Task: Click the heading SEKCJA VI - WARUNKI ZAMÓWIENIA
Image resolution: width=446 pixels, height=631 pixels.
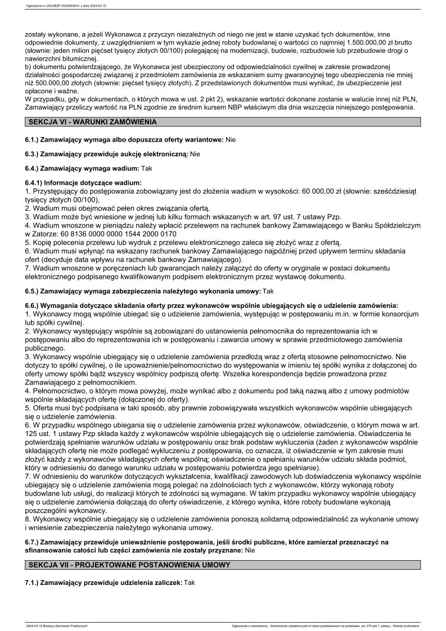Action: [92, 122]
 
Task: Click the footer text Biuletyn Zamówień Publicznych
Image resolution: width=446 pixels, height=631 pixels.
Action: [69, 625]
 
